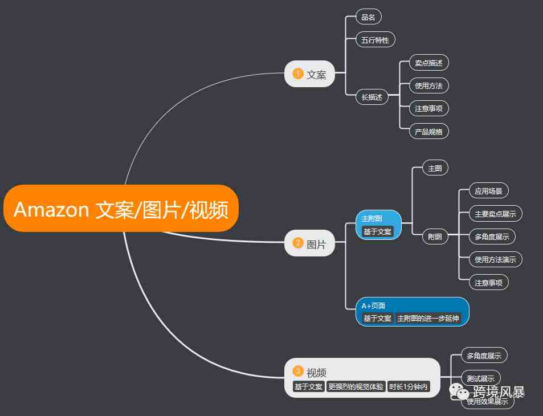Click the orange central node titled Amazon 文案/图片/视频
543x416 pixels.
tap(121, 209)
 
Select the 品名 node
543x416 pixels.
tap(369, 17)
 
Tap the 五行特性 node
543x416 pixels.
tap(375, 40)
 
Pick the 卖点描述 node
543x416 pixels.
tap(428, 63)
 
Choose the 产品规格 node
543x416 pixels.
tap(428, 131)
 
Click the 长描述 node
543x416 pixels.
tap(372, 97)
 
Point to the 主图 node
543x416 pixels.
tap(435, 168)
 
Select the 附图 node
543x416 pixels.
tap(435, 236)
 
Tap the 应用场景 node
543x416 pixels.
tap(489, 191)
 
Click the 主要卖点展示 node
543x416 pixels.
tap(496, 214)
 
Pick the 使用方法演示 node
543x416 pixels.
tap(496, 259)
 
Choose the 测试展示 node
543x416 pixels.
tap(481, 378)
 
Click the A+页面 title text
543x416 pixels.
tap(373, 305)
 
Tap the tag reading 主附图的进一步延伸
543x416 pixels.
tap(428, 318)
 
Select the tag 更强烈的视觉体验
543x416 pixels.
tap(356, 386)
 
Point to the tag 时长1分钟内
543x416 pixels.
tap(409, 386)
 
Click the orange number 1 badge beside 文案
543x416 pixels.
tap(298, 74)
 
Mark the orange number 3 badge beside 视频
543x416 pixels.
tap(298, 372)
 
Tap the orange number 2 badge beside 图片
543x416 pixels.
tap(298, 242)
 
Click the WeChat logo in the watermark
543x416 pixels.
tap(459, 392)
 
